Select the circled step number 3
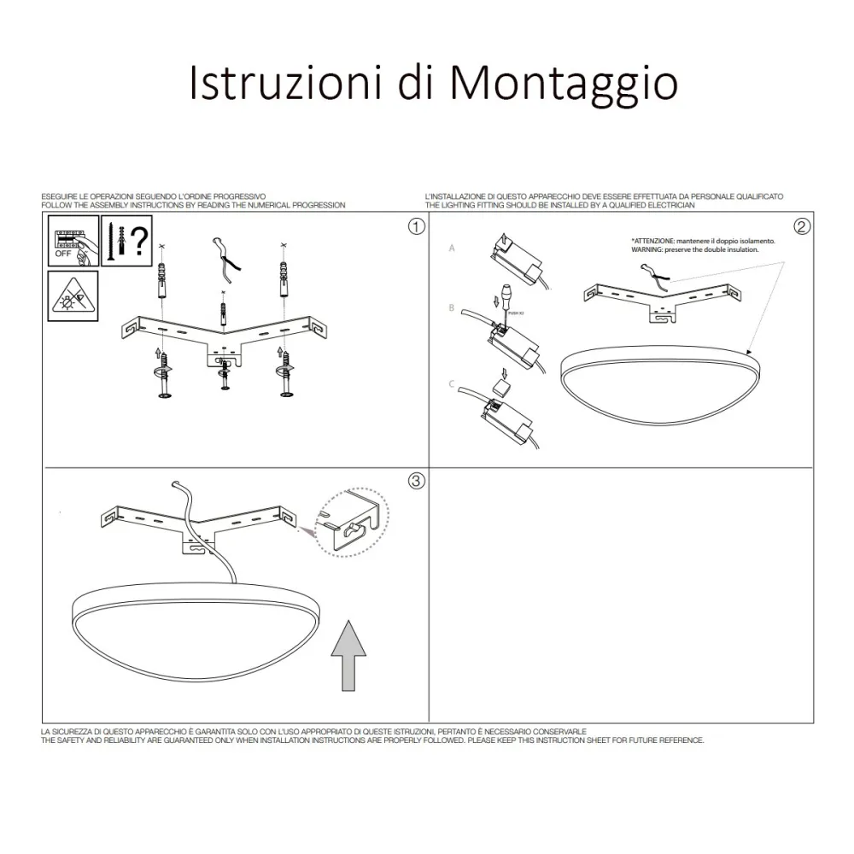point(416,481)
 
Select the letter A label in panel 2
point(453,248)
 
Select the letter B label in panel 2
point(452,307)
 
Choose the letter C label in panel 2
point(452,384)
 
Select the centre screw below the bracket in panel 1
point(225,374)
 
